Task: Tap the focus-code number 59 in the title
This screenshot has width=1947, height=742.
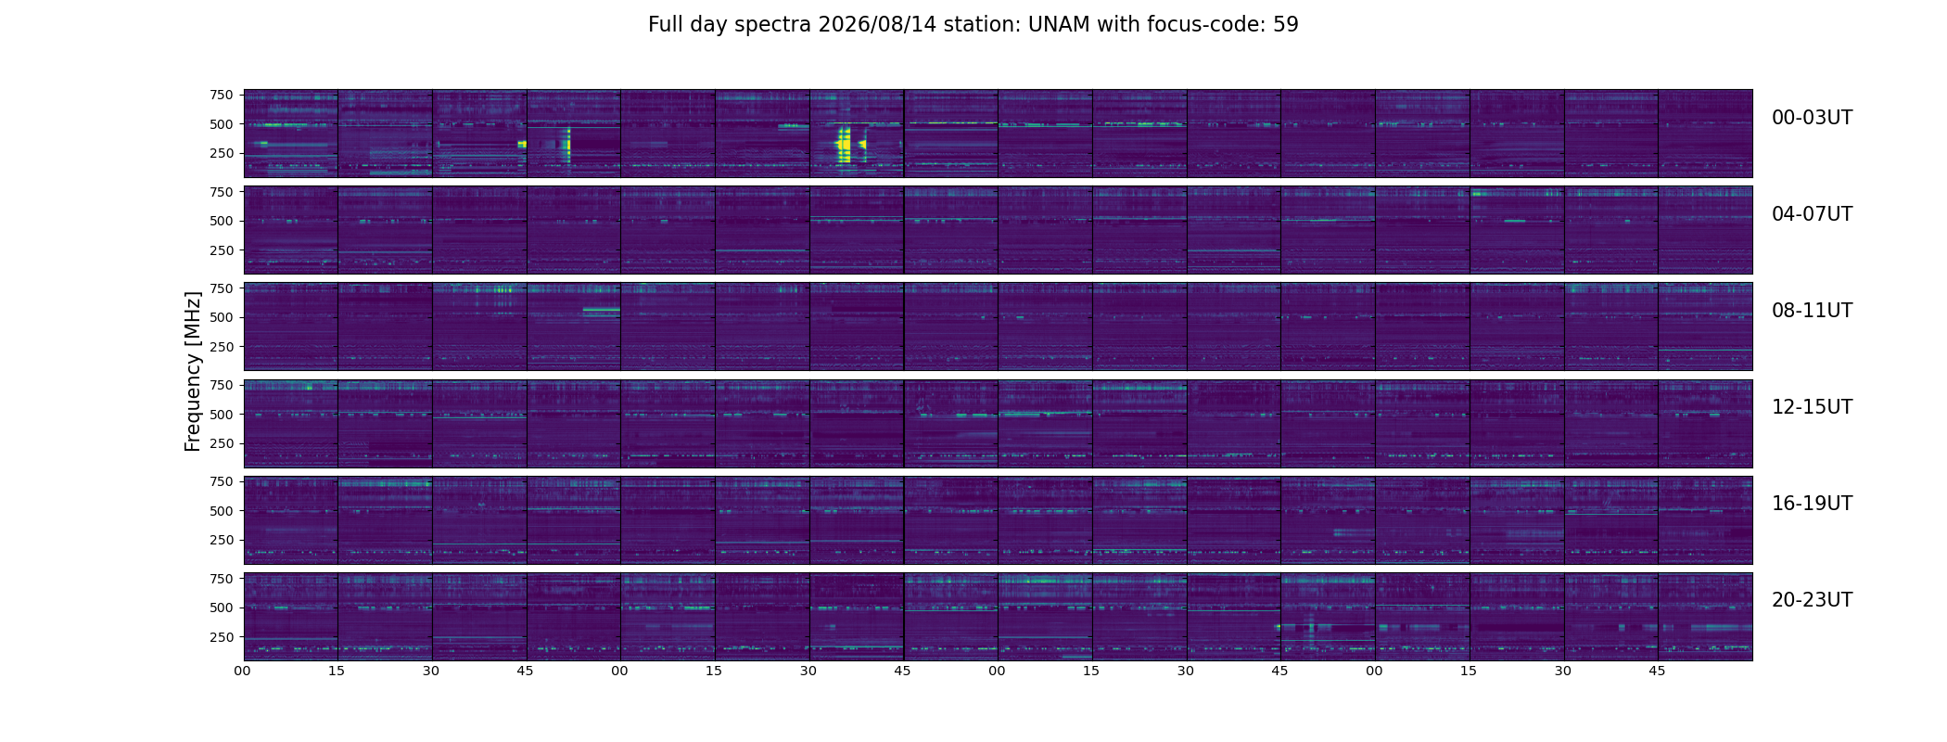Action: [1286, 25]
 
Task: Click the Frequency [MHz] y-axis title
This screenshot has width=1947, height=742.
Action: [193, 371]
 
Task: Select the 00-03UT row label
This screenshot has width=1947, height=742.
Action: [1812, 118]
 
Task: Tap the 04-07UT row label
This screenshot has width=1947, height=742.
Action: [1812, 214]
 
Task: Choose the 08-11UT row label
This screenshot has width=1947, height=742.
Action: [1812, 311]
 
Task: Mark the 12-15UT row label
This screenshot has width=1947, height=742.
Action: [1812, 407]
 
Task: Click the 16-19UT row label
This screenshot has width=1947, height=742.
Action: [1812, 504]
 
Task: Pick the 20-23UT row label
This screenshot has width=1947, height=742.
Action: [1812, 600]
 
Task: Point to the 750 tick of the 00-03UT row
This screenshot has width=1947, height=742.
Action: [222, 95]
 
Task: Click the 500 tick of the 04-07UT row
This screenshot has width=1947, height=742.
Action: [222, 221]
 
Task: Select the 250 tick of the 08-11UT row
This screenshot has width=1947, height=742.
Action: [222, 347]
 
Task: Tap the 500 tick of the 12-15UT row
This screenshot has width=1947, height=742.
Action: [222, 415]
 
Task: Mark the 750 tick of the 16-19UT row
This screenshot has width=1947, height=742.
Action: [222, 481]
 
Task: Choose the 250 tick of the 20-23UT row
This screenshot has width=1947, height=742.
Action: [222, 637]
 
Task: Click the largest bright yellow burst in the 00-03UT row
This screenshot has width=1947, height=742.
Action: [844, 144]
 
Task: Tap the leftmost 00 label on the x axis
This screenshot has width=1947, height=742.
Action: [242, 671]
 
